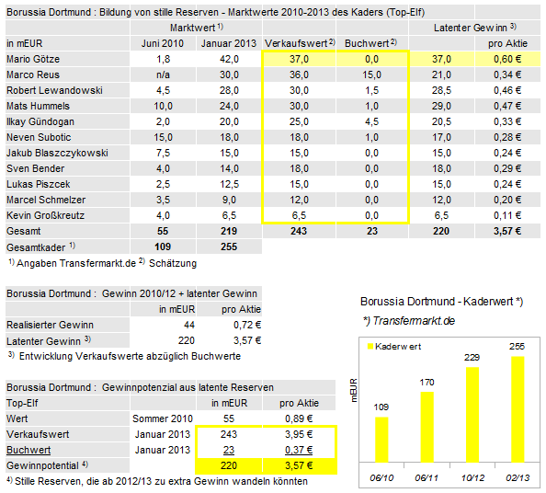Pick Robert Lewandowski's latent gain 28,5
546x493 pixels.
(440, 90)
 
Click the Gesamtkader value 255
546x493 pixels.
(230, 246)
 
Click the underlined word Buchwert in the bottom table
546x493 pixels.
(28, 449)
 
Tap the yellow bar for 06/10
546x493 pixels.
(381, 439)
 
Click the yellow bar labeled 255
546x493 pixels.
(517, 408)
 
